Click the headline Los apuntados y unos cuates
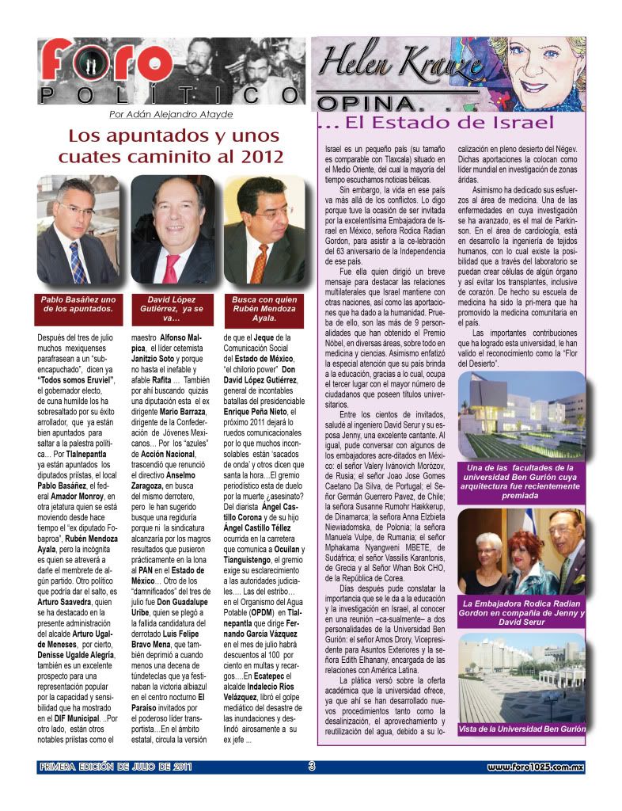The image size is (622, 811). point(170,146)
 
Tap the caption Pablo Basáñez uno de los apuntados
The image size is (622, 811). point(78,304)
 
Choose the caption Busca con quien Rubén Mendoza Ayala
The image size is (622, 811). point(264,304)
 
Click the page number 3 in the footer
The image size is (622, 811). point(312,766)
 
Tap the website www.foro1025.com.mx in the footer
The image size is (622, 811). point(535,767)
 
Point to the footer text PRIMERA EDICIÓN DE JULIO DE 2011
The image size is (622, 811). point(116,767)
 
